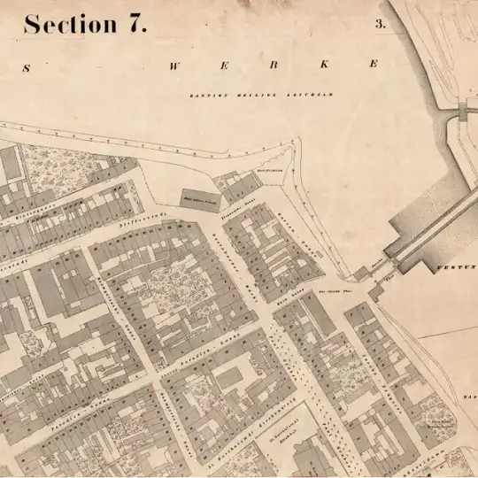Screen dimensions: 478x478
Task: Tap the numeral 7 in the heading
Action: click(x=137, y=24)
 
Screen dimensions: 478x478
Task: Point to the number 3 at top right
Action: click(x=380, y=25)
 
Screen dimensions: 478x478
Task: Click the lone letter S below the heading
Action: click(x=27, y=67)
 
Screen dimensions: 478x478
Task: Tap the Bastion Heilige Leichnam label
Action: click(x=259, y=95)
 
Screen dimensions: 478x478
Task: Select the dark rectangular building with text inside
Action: click(x=200, y=199)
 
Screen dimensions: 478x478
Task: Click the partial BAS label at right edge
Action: click(x=468, y=399)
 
